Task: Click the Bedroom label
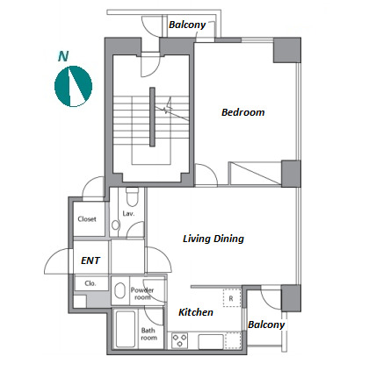pyautogui.click(x=242, y=112)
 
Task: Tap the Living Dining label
pyautogui.click(x=213, y=239)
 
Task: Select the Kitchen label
pyautogui.click(x=196, y=312)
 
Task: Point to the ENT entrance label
pyautogui.click(x=90, y=260)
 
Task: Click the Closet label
pyautogui.click(x=87, y=219)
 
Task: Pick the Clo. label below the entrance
pyautogui.click(x=90, y=283)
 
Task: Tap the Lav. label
pyautogui.click(x=128, y=214)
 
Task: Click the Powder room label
pyautogui.click(x=142, y=294)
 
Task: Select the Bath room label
pyautogui.click(x=148, y=334)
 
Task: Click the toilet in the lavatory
pyautogui.click(x=132, y=196)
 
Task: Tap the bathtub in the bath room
pyautogui.click(x=126, y=329)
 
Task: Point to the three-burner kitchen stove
pyautogui.click(x=179, y=340)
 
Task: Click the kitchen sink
pyautogui.click(x=211, y=341)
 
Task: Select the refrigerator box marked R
pyautogui.click(x=232, y=298)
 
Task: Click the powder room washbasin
pyautogui.click(x=120, y=290)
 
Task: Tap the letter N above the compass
pyautogui.click(x=63, y=56)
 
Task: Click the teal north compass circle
pyautogui.click(x=74, y=86)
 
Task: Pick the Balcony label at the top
pyautogui.click(x=187, y=25)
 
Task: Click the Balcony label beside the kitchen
pyautogui.click(x=266, y=325)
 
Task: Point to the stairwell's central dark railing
pyautogui.click(x=152, y=117)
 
